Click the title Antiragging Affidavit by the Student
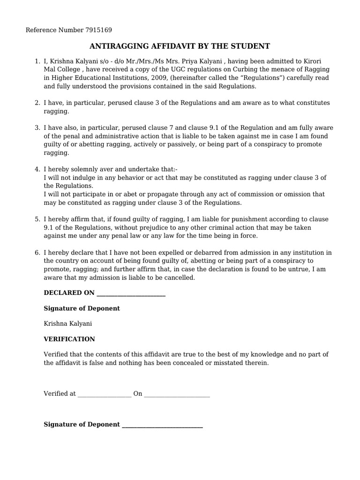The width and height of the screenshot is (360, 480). point(180,46)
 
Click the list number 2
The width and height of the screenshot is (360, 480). point(37,103)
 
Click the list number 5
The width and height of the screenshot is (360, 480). point(37,219)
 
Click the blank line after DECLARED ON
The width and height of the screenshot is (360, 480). point(130,294)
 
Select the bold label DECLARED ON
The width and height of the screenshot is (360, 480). point(68,292)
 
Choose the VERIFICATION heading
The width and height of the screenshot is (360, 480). point(69,339)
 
